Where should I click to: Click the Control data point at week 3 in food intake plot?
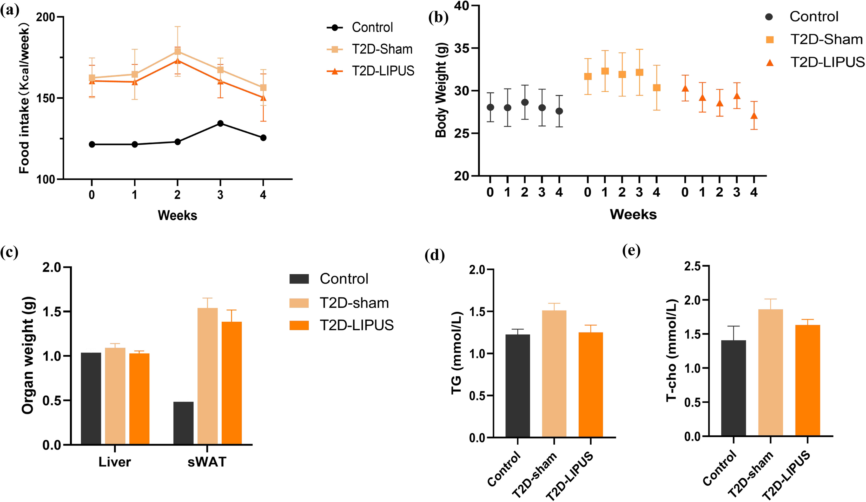[x=220, y=123]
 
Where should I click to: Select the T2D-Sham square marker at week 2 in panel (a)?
[x=177, y=51]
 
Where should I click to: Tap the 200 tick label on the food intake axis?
[x=45, y=17]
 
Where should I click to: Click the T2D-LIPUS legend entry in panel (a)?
[x=383, y=71]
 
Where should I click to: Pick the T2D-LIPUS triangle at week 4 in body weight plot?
[x=754, y=116]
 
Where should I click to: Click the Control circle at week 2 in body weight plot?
[x=525, y=102]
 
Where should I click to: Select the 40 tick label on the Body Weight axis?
[x=461, y=6]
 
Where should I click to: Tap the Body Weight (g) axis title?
[x=441, y=90]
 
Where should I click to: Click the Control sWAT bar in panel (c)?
[x=183, y=423]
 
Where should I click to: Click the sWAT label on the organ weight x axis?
[x=207, y=462]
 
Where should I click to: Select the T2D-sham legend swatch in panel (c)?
[x=299, y=303]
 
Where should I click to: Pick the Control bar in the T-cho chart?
[x=734, y=388]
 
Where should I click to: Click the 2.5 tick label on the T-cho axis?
[x=692, y=266]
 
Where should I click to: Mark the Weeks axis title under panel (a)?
[x=177, y=215]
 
